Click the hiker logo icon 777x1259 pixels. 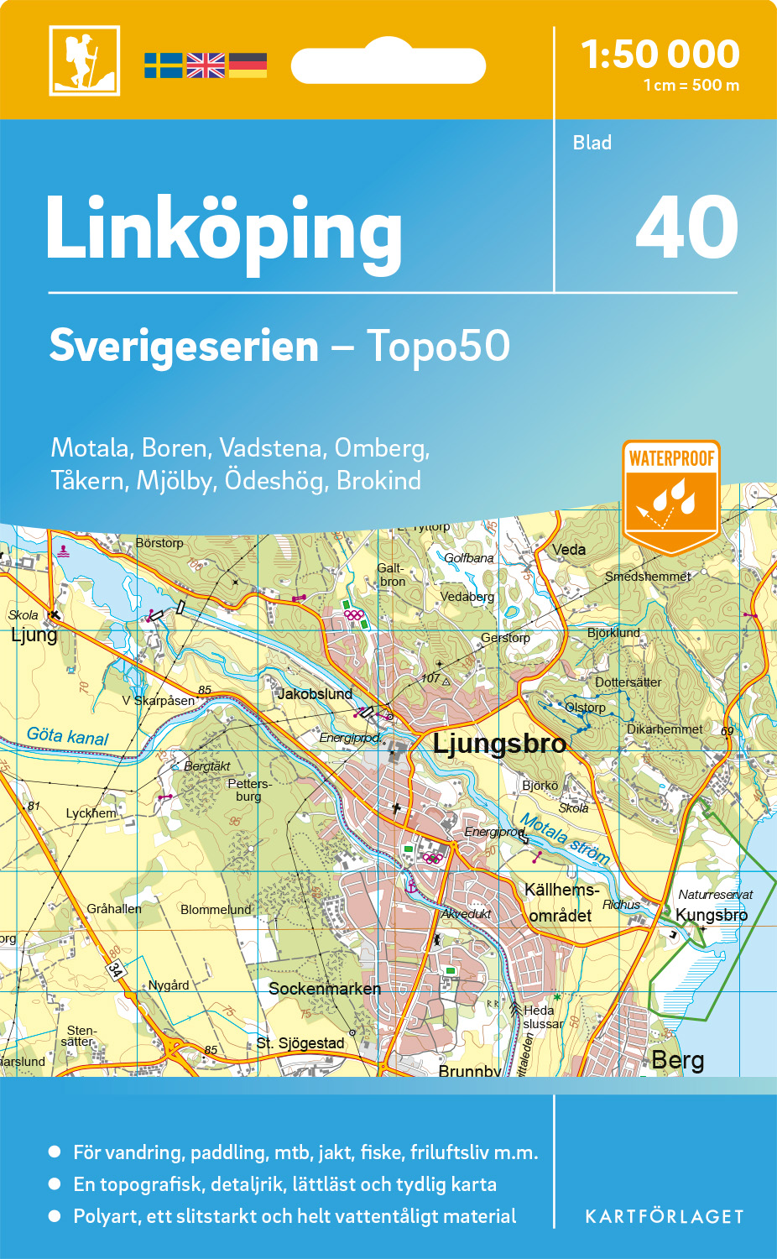pyautogui.click(x=84, y=60)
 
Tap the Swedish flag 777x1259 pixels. pyautogui.click(x=163, y=65)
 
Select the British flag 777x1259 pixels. pyautogui.click(x=206, y=65)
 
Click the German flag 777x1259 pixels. pyautogui.click(x=248, y=65)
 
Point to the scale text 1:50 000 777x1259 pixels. pyautogui.click(x=660, y=55)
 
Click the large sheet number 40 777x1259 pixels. pyautogui.click(x=686, y=228)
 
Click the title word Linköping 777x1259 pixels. pyautogui.click(x=224, y=229)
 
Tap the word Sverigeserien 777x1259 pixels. pyautogui.click(x=184, y=346)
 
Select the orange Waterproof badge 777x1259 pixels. pyautogui.click(x=671, y=495)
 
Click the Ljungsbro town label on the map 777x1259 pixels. pyautogui.click(x=499, y=744)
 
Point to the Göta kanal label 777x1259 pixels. pyautogui.click(x=68, y=736)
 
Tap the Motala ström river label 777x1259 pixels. pyautogui.click(x=564, y=838)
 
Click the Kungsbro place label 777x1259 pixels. pyautogui.click(x=711, y=915)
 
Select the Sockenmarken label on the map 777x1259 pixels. pyautogui.click(x=325, y=989)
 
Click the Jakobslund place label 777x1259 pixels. pyautogui.click(x=315, y=694)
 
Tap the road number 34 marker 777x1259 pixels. pyautogui.click(x=115, y=970)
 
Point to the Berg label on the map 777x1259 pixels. pyautogui.click(x=678, y=1060)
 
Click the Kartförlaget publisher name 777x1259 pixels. pyautogui.click(x=665, y=1217)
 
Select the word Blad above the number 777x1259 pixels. pyautogui.click(x=592, y=143)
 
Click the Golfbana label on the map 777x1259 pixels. pyautogui.click(x=469, y=558)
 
